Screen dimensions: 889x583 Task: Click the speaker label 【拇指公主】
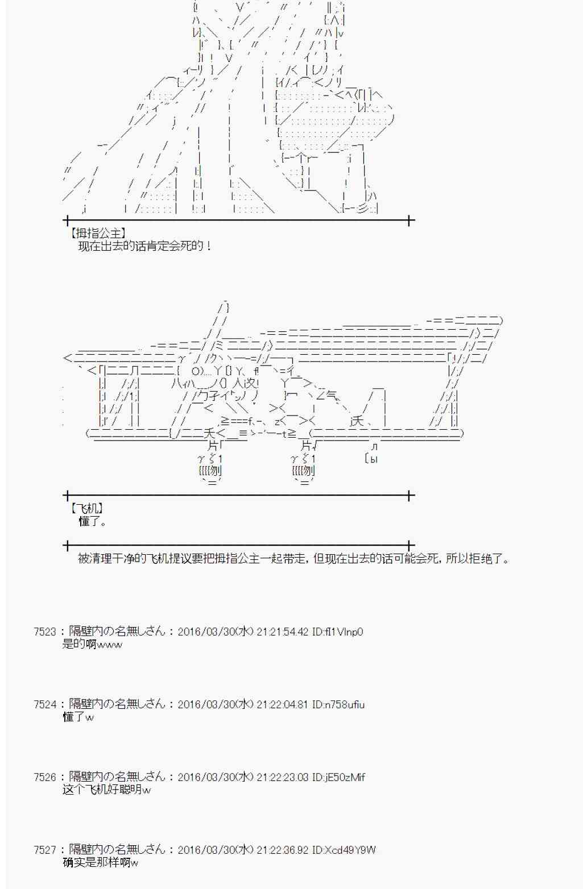tap(97, 233)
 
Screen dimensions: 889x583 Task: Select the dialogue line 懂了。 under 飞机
tap(92, 521)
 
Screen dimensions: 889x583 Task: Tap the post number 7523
tap(45, 632)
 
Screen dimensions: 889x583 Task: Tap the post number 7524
tap(45, 704)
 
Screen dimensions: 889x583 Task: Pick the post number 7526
tap(45, 777)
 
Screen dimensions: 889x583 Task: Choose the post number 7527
tap(45, 850)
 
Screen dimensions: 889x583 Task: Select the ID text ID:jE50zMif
tap(338, 777)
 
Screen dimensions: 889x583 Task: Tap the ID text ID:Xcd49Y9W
tap(344, 850)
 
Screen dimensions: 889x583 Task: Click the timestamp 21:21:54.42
tap(282, 632)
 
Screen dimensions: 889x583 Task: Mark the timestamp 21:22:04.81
tap(282, 704)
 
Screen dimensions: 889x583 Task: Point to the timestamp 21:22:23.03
tap(282, 777)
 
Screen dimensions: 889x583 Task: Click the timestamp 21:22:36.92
tap(282, 850)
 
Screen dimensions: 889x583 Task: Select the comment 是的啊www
tap(92, 645)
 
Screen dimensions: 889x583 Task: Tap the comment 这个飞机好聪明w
tap(106, 790)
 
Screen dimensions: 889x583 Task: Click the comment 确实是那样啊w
tap(101, 863)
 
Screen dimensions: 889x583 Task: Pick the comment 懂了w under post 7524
tap(78, 717)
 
